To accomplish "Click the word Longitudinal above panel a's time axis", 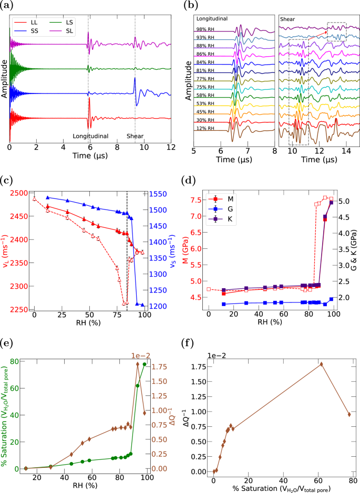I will point(90,136).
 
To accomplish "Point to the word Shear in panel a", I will point(135,136).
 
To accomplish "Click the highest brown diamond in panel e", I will point(138,364).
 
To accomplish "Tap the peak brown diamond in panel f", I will point(321,364).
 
